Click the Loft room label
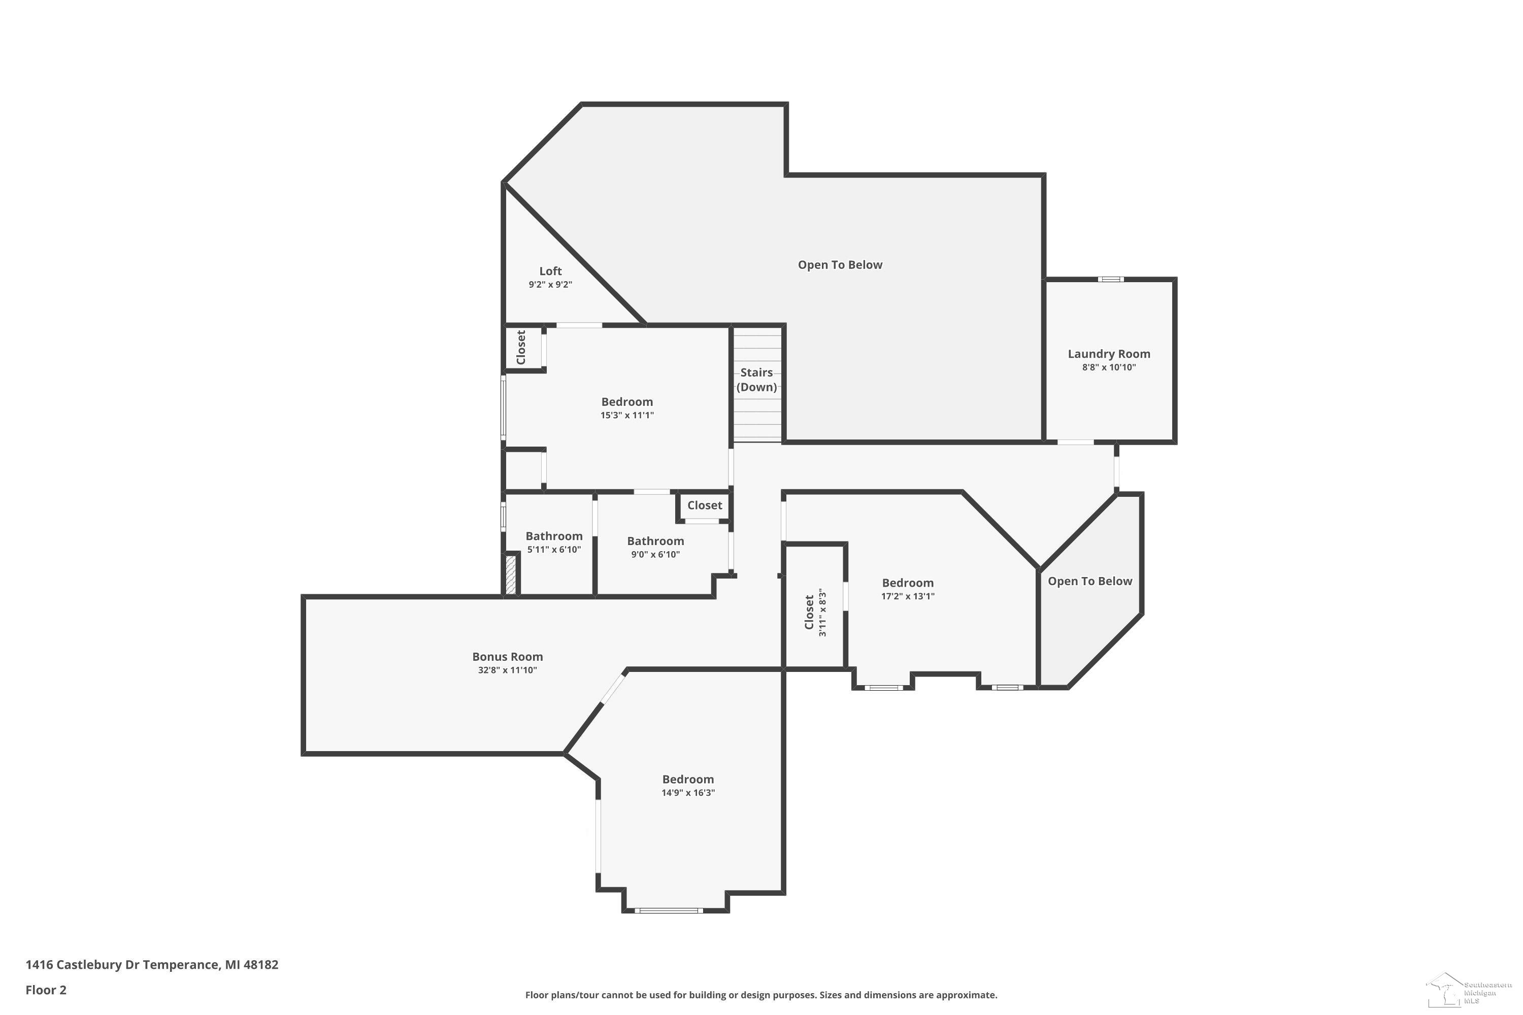coord(550,271)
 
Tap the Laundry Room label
coord(1109,354)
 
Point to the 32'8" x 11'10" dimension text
coord(507,670)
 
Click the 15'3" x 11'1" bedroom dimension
coord(627,415)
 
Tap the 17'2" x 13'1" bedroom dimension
coord(907,596)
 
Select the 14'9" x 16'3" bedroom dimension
coord(688,792)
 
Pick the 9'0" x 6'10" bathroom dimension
coord(655,554)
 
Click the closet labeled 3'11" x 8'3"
coord(815,613)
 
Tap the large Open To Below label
coord(840,265)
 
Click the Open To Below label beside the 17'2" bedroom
coord(1090,581)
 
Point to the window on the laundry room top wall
coord(1110,280)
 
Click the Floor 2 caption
coord(46,990)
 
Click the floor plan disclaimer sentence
coord(761,995)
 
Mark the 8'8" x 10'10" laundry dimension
coord(1109,367)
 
